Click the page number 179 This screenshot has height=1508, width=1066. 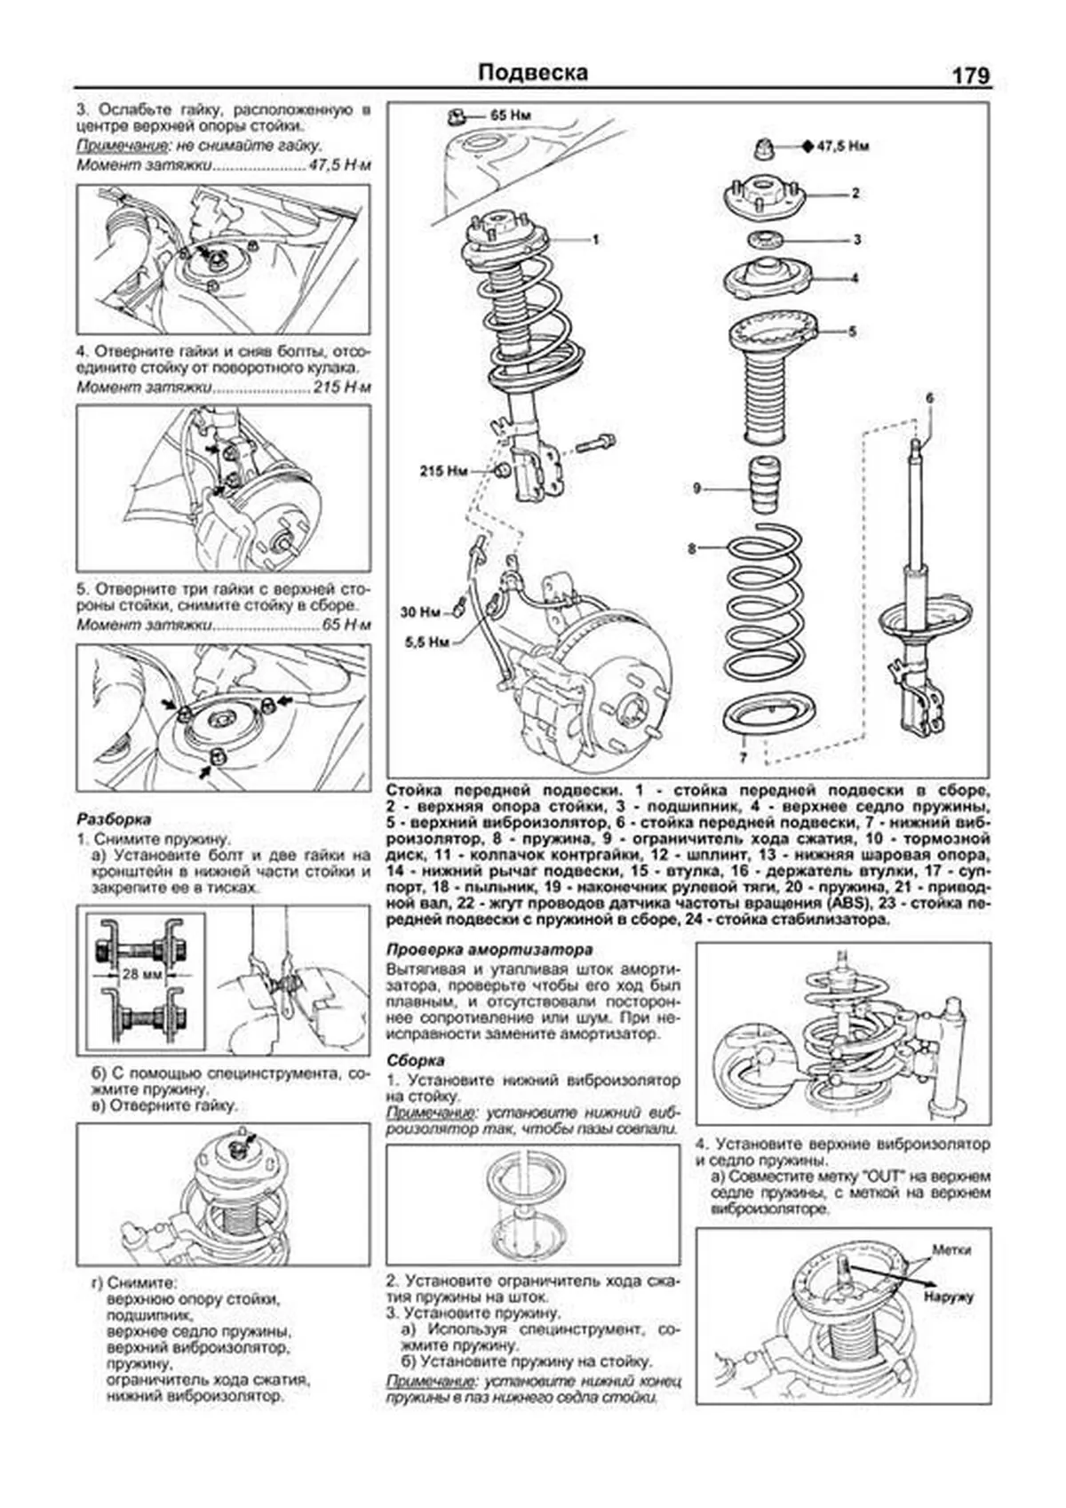pyautogui.click(x=970, y=76)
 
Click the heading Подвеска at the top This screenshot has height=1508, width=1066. pyautogui.click(x=532, y=73)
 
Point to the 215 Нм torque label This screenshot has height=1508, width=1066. pyautogui.click(x=443, y=471)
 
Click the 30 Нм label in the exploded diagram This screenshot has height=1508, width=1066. pyautogui.click(x=418, y=612)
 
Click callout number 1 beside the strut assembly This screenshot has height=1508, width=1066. pyautogui.click(x=595, y=239)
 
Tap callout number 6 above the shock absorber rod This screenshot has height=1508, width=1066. pyautogui.click(x=929, y=398)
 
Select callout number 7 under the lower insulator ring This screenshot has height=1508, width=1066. pyautogui.click(x=743, y=758)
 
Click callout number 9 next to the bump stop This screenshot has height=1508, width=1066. pyautogui.click(x=697, y=487)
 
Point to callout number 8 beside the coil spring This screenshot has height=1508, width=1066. pyautogui.click(x=691, y=549)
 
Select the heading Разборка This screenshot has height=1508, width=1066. pyautogui.click(x=114, y=818)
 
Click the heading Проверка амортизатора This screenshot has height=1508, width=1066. pyautogui.click(x=489, y=949)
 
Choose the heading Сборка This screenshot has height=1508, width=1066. pyautogui.click(x=416, y=1060)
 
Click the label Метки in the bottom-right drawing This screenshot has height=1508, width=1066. pyautogui.click(x=951, y=1249)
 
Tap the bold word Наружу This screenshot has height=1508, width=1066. pyautogui.click(x=948, y=1297)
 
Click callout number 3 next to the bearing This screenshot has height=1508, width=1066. pyautogui.click(x=856, y=239)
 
